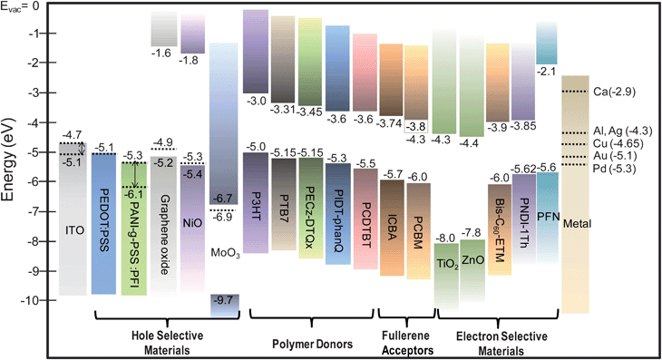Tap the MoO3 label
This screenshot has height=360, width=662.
(223, 251)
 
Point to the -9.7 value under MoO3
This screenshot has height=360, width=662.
(223, 298)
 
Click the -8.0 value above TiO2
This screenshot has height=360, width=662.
(448, 237)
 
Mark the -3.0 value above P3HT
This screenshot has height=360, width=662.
(257, 101)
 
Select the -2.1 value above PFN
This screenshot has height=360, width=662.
(547, 71)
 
